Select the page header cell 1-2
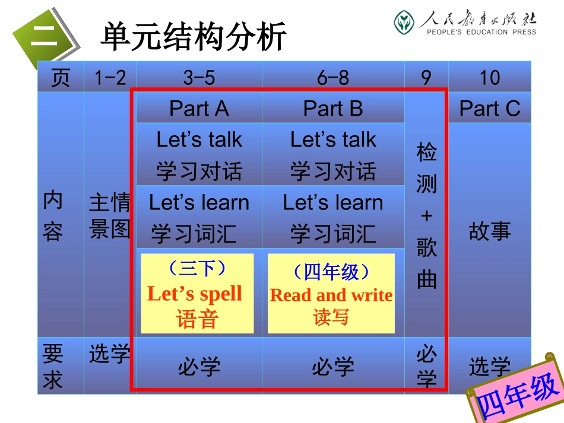point(110,78)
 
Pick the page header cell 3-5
point(199,78)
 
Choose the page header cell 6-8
point(333,78)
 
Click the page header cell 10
point(490,78)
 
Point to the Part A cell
point(199,109)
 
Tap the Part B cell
point(333,109)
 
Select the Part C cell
point(490,109)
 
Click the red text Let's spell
point(195,294)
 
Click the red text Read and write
point(331,295)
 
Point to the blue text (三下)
point(197,269)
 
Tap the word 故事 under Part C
point(490,231)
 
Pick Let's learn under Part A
point(199,202)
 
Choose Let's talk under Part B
point(333,140)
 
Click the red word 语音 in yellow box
point(197,320)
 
